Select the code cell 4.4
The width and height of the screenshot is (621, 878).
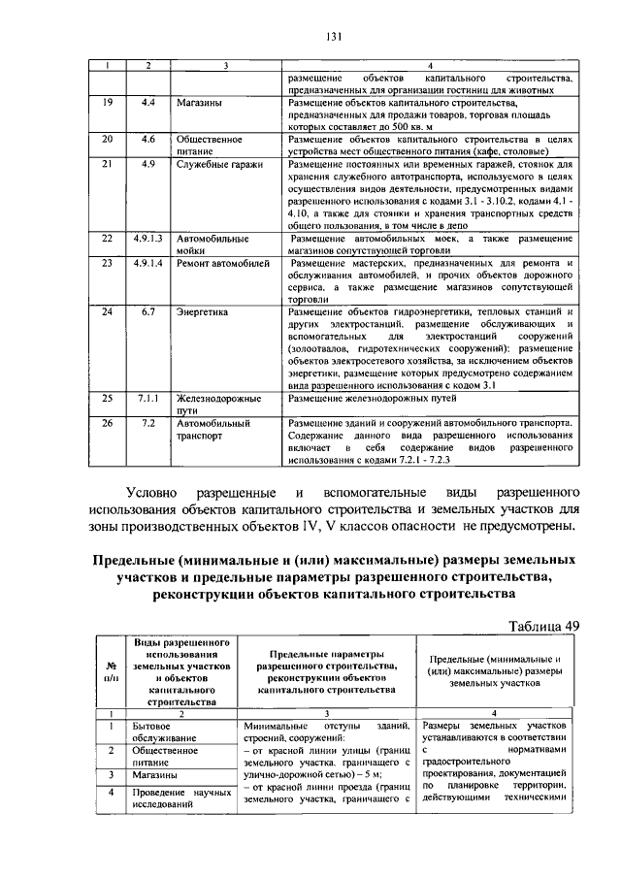147,102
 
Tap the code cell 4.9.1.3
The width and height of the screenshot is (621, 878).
147,238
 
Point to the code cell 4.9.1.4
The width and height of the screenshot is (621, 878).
147,263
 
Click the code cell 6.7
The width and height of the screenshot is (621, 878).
147,312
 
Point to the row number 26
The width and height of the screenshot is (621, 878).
107,424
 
